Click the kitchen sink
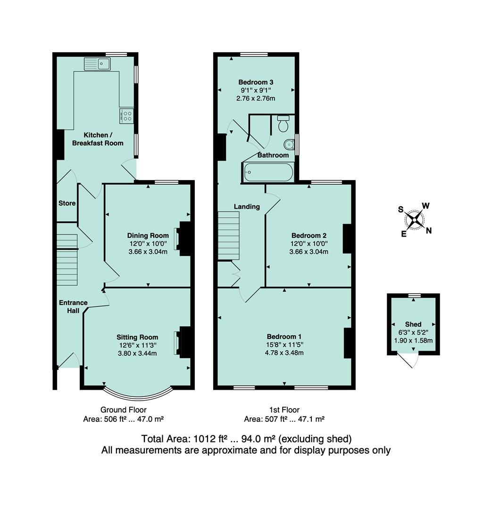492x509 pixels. [97, 63]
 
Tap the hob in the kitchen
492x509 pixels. [126, 115]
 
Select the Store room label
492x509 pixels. [67, 203]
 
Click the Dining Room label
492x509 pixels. [148, 236]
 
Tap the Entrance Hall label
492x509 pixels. [73, 307]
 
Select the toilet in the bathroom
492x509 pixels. [283, 124]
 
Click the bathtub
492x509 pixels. [267, 172]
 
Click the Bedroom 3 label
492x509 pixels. [256, 82]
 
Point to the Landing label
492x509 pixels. [247, 206]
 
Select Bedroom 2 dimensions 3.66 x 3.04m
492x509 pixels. [309, 252]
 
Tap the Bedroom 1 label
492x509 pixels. [284, 337]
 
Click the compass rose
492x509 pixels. [415, 219]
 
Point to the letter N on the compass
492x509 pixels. [428, 230]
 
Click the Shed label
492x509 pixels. [413, 324]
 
